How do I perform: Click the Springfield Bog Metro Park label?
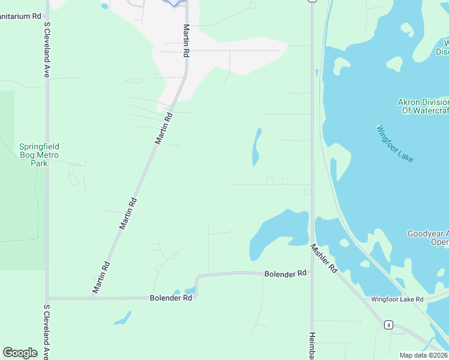[x=40, y=155]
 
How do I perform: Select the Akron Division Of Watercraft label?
[x=423, y=106]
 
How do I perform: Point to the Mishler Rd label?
[x=324, y=259]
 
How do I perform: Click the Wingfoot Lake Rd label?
[x=397, y=299]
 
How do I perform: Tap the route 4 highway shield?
[x=389, y=325]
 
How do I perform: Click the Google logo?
[x=20, y=353]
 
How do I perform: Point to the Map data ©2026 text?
[x=424, y=355]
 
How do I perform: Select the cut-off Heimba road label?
[x=312, y=346]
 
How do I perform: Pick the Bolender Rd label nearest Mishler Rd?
[x=285, y=274]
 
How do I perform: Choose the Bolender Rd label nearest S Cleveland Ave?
[x=171, y=298]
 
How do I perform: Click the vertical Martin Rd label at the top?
[x=187, y=41]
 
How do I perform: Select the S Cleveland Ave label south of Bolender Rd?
[x=46, y=332]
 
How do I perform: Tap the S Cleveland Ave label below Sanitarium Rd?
[x=46, y=50]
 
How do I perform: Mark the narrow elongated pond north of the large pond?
[x=257, y=148]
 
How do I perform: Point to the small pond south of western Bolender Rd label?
[x=122, y=318]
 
